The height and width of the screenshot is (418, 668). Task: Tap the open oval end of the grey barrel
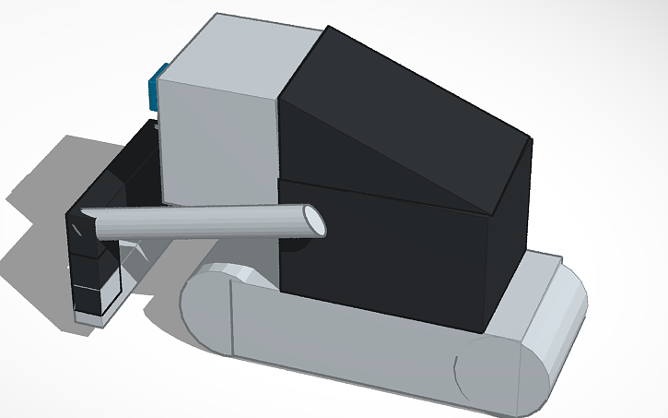[x=312, y=221]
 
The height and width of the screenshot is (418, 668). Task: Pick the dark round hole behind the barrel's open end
[x=297, y=245]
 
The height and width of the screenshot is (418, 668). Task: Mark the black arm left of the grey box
[x=134, y=171]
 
